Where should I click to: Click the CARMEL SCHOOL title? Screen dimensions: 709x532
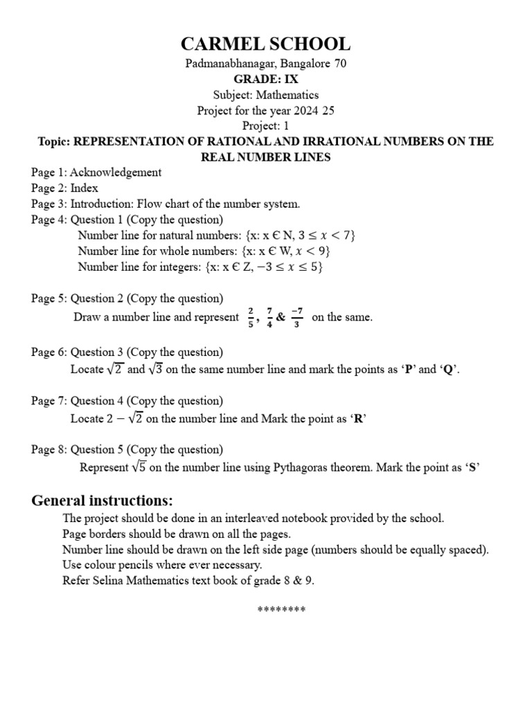[x=266, y=44]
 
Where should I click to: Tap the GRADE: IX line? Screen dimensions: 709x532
[x=266, y=79]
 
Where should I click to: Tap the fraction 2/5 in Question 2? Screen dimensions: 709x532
[x=251, y=316]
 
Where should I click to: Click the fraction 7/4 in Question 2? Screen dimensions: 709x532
[x=269, y=316]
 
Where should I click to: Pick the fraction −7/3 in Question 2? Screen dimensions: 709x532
[x=296, y=316]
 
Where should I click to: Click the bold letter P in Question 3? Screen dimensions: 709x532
[x=410, y=370]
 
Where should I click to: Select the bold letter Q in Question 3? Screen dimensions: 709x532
[x=448, y=370]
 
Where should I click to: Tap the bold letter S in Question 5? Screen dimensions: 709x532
[x=473, y=467]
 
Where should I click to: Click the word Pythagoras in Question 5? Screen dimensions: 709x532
[x=301, y=467]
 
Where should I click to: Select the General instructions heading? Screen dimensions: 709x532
[x=103, y=501]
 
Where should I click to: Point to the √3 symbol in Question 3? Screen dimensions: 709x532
[x=156, y=369]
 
